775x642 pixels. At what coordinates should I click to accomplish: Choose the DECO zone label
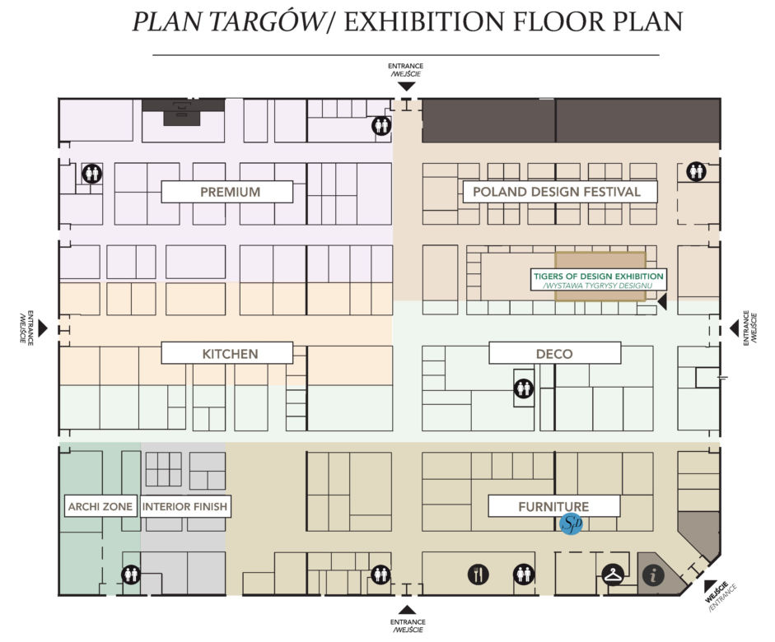coord(554,353)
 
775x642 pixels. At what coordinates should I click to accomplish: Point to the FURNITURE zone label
coord(554,506)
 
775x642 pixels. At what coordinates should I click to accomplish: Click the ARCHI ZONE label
coord(100,506)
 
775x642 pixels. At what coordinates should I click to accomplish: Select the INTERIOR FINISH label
coord(184,506)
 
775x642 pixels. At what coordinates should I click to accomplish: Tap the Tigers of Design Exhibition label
coord(598,280)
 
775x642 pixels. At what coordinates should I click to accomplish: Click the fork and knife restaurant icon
coord(478,575)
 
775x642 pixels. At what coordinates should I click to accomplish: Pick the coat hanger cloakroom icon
coord(613,575)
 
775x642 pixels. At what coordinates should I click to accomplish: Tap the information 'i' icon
coord(653,575)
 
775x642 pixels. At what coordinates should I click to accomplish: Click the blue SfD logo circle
coord(571,523)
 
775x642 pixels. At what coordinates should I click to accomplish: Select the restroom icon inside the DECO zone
coord(524,388)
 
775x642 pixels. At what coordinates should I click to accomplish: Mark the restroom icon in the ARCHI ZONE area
coord(131,575)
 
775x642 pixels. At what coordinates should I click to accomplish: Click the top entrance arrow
coord(407,86)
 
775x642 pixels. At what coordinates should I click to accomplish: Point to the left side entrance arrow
coord(43,328)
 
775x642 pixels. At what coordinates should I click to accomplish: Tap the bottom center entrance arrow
coord(408,609)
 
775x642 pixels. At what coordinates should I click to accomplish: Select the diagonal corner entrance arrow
coord(711,585)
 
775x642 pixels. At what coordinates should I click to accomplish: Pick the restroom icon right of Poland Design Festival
coord(696,171)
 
